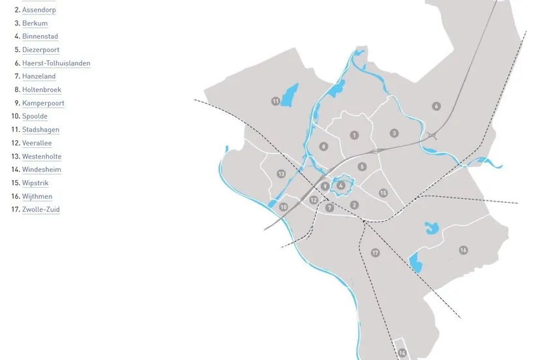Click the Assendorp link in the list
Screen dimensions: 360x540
[x=38, y=10]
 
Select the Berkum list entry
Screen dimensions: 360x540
[x=35, y=23]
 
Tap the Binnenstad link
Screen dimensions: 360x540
[x=40, y=37]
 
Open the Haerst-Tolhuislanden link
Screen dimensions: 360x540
[x=56, y=63]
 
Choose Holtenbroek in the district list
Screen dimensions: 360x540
[x=42, y=90]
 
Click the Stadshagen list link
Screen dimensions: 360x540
[x=40, y=130]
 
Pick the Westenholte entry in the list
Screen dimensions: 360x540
[x=42, y=157]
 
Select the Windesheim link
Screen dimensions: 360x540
[x=42, y=170]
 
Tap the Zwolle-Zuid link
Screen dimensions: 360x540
[x=40, y=209]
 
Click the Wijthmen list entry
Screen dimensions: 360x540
[x=37, y=196]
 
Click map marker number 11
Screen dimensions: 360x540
[x=276, y=101]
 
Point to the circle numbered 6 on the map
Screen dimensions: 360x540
[x=436, y=106]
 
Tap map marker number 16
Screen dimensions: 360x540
[x=463, y=250]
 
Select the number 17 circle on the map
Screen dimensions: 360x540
[x=375, y=252]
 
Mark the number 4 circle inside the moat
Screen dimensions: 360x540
[x=341, y=186]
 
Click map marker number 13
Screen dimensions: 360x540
[x=281, y=173]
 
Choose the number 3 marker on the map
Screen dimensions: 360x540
[x=394, y=133]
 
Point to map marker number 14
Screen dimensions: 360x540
[x=402, y=353]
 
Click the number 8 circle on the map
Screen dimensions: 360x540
[x=323, y=147]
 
